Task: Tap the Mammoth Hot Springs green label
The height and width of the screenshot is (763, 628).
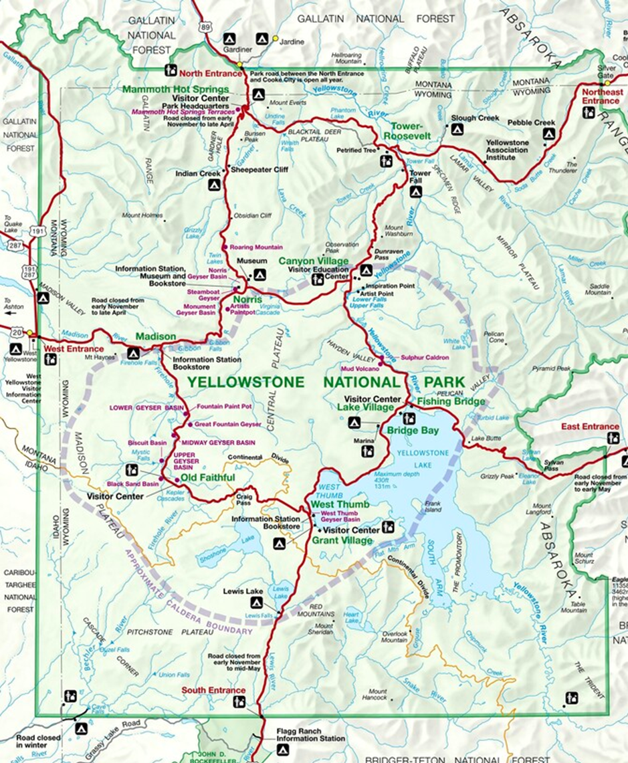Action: (x=175, y=89)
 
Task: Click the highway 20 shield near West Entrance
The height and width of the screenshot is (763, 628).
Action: (x=15, y=332)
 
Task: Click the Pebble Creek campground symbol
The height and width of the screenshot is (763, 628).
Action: (x=548, y=134)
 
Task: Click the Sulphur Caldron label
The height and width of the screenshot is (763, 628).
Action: (x=425, y=358)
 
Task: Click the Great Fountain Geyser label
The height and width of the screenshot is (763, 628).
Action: (x=227, y=425)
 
